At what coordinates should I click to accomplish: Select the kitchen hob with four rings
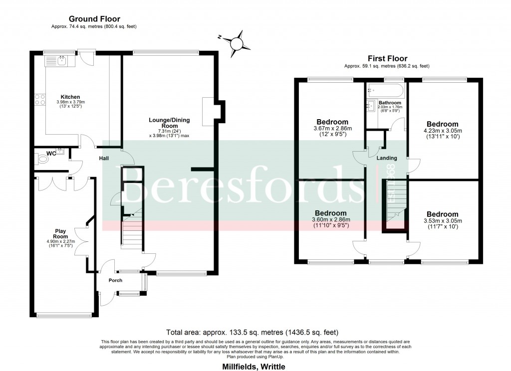(x=39, y=100)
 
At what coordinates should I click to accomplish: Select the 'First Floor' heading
(x=387, y=58)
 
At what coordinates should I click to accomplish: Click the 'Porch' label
(x=116, y=280)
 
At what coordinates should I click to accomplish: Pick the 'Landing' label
(x=387, y=158)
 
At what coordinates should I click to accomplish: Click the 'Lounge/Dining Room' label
(x=168, y=123)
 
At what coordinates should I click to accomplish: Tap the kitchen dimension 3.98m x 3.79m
(x=70, y=103)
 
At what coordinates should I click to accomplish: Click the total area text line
(x=255, y=332)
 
